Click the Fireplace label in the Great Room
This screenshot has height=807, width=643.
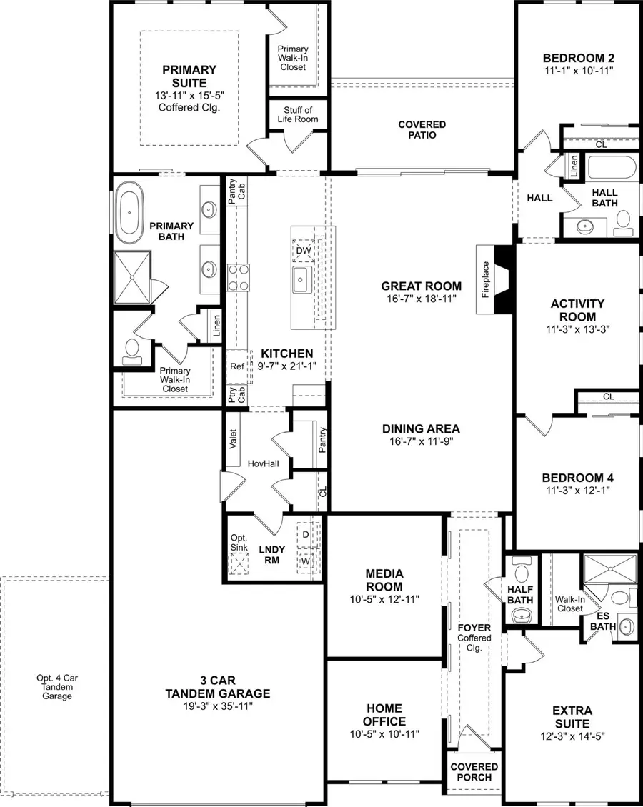(486, 279)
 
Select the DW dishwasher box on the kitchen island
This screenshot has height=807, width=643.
(302, 249)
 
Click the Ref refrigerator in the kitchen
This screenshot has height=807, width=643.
(237, 366)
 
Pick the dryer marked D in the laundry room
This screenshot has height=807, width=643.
(305, 534)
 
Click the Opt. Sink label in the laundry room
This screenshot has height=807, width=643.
(239, 543)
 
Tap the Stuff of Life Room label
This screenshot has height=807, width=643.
(298, 114)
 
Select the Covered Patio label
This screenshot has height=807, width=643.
(422, 130)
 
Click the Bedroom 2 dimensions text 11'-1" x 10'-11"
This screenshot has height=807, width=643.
(578, 71)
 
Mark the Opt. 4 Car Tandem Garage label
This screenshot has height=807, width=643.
(56, 686)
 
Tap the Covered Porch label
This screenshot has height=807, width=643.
(474, 772)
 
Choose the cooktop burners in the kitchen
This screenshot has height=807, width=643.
(237, 276)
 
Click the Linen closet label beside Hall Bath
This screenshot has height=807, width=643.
(574, 166)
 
